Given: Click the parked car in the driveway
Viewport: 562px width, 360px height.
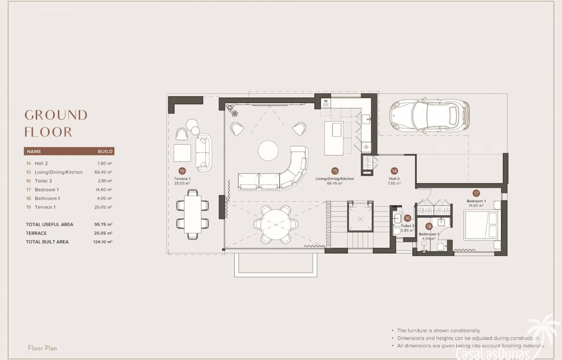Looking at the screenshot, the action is click(x=429, y=116).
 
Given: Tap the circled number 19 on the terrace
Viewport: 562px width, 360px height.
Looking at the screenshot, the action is click(x=182, y=171).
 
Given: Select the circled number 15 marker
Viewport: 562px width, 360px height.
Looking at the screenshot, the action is click(x=335, y=171).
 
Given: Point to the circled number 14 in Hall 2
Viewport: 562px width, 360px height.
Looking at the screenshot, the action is click(x=394, y=171).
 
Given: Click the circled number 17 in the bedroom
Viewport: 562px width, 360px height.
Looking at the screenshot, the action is click(x=476, y=193).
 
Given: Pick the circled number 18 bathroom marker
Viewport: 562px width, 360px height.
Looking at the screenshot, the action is click(x=429, y=226).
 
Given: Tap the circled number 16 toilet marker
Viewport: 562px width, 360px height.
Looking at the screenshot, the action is click(x=407, y=218).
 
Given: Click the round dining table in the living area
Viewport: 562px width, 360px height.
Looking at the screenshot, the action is click(x=276, y=224).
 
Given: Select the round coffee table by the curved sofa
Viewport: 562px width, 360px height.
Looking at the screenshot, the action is click(x=268, y=150).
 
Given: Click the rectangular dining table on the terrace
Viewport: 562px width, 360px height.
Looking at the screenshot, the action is click(x=192, y=214).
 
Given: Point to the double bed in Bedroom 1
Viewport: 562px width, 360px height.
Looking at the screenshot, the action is click(x=481, y=225).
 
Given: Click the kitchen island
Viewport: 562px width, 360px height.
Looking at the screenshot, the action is click(x=333, y=138).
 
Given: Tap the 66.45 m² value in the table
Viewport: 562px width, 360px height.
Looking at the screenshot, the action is click(x=103, y=172).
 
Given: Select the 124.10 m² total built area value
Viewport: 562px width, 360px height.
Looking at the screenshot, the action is click(x=103, y=242).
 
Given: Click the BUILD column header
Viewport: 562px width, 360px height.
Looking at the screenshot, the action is click(x=105, y=152).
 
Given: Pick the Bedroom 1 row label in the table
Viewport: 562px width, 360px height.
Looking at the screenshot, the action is click(x=47, y=190).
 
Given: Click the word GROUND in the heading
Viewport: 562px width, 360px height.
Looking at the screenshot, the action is click(x=56, y=115).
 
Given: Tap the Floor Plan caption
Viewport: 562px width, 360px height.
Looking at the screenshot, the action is click(x=43, y=348).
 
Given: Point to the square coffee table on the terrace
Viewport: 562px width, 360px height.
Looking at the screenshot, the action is click(x=182, y=153).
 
